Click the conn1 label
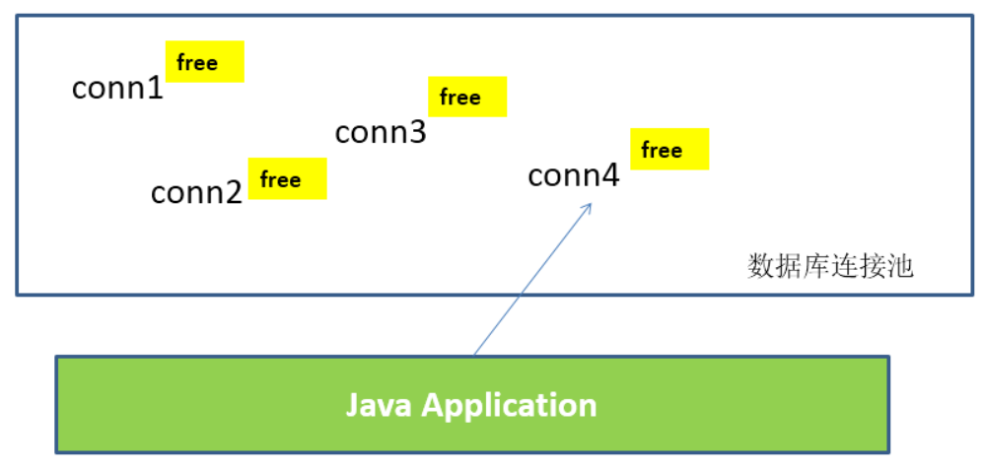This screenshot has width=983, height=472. click(118, 89)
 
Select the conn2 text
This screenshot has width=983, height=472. click(197, 193)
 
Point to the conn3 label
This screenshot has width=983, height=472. click(381, 132)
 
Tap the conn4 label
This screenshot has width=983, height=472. click(574, 175)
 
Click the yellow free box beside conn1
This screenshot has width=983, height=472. click(204, 61)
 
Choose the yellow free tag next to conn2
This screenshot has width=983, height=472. click(287, 178)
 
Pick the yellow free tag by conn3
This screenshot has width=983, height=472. click(467, 97)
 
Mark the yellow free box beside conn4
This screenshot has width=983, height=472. click(669, 149)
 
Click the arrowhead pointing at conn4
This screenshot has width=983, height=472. click(587, 209)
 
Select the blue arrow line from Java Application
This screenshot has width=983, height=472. click(532, 278)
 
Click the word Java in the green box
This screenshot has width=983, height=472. click(379, 406)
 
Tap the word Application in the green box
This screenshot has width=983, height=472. click(509, 407)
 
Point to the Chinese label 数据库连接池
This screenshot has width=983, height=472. click(830, 267)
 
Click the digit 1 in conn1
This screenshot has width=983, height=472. click(156, 89)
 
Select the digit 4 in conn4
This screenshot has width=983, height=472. click(610, 175)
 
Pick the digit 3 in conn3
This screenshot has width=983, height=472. click(418, 132)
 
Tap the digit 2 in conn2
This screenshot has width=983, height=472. click(234, 193)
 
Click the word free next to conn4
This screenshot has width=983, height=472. click(662, 151)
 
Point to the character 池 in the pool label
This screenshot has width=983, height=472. click(899, 267)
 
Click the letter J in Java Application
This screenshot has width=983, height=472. click(352, 406)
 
